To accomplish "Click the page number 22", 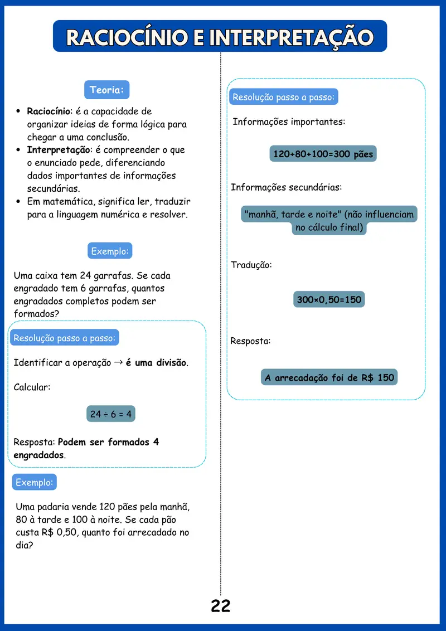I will (x=221, y=606).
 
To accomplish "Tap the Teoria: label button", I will (x=106, y=90).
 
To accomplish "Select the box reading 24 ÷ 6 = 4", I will (x=110, y=414).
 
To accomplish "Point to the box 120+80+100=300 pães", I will (x=323, y=154).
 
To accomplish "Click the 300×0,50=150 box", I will (x=329, y=300).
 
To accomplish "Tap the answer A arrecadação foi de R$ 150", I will (x=329, y=378).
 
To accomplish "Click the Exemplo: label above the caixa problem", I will (x=110, y=251).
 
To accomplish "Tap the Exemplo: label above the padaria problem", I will (x=35, y=482).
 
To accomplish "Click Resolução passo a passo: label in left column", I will (x=65, y=338).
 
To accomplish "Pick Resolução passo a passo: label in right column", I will (x=283, y=97).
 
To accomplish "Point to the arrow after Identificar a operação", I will (x=118, y=362).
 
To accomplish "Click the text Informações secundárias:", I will (x=286, y=187).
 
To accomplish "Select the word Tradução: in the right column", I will (x=251, y=265).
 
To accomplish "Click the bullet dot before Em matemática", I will (x=19, y=202).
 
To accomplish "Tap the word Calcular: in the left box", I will (x=32, y=387).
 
